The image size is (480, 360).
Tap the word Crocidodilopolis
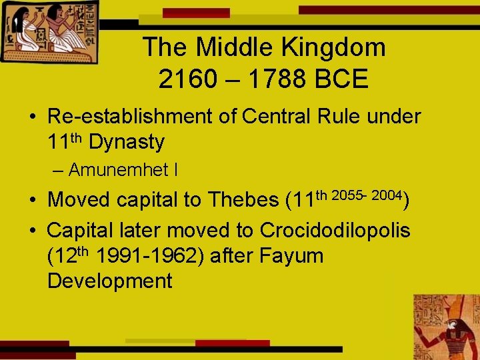335,230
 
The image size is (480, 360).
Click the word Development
110,281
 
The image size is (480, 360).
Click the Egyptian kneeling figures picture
50,31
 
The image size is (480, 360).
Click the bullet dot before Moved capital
31,200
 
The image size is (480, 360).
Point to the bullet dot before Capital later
31,231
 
